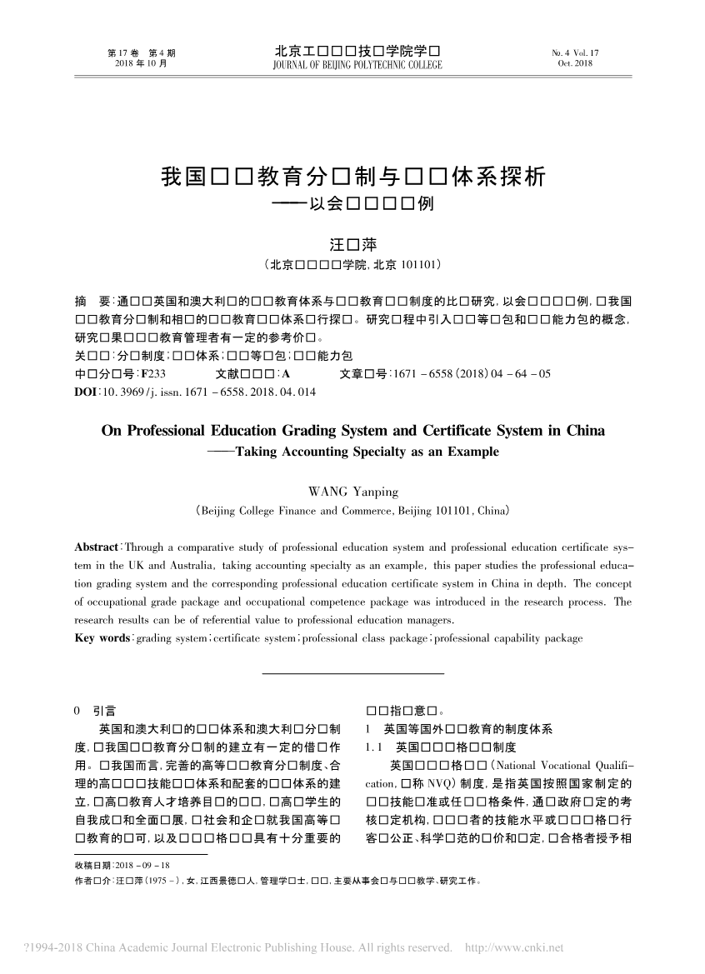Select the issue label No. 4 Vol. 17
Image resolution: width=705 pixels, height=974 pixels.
(x=575, y=52)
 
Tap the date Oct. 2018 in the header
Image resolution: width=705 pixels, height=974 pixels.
(x=575, y=64)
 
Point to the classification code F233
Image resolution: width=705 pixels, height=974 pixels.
(x=153, y=374)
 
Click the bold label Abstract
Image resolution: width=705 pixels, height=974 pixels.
(x=97, y=547)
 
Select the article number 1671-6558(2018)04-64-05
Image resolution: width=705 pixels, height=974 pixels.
(x=472, y=374)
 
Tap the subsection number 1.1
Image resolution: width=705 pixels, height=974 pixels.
(x=372, y=747)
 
